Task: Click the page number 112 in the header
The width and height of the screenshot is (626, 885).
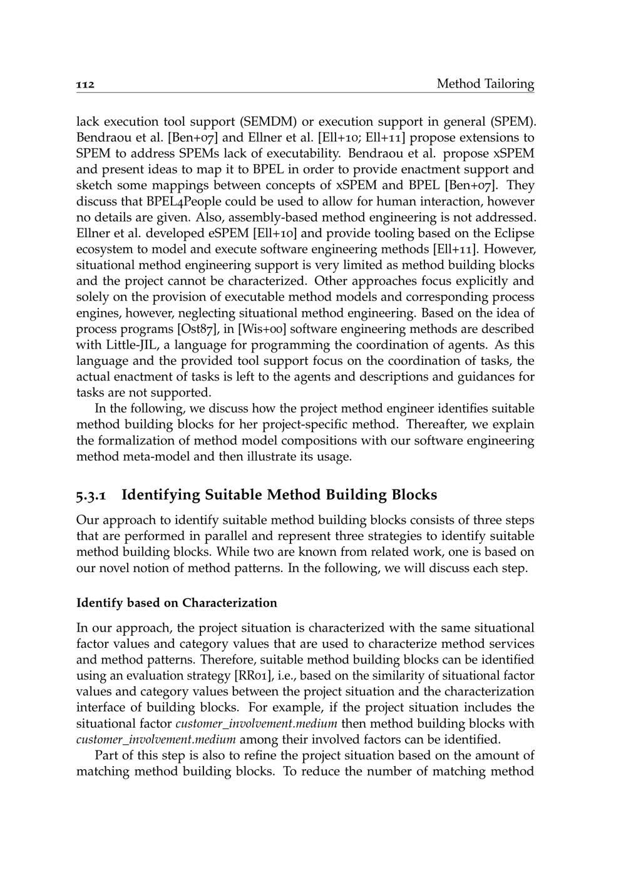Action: pos(85,84)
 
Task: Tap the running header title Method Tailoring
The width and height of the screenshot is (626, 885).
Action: pos(485,84)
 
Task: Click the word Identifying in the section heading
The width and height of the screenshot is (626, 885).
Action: pos(160,495)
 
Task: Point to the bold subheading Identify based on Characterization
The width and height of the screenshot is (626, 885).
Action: pos(177,603)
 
